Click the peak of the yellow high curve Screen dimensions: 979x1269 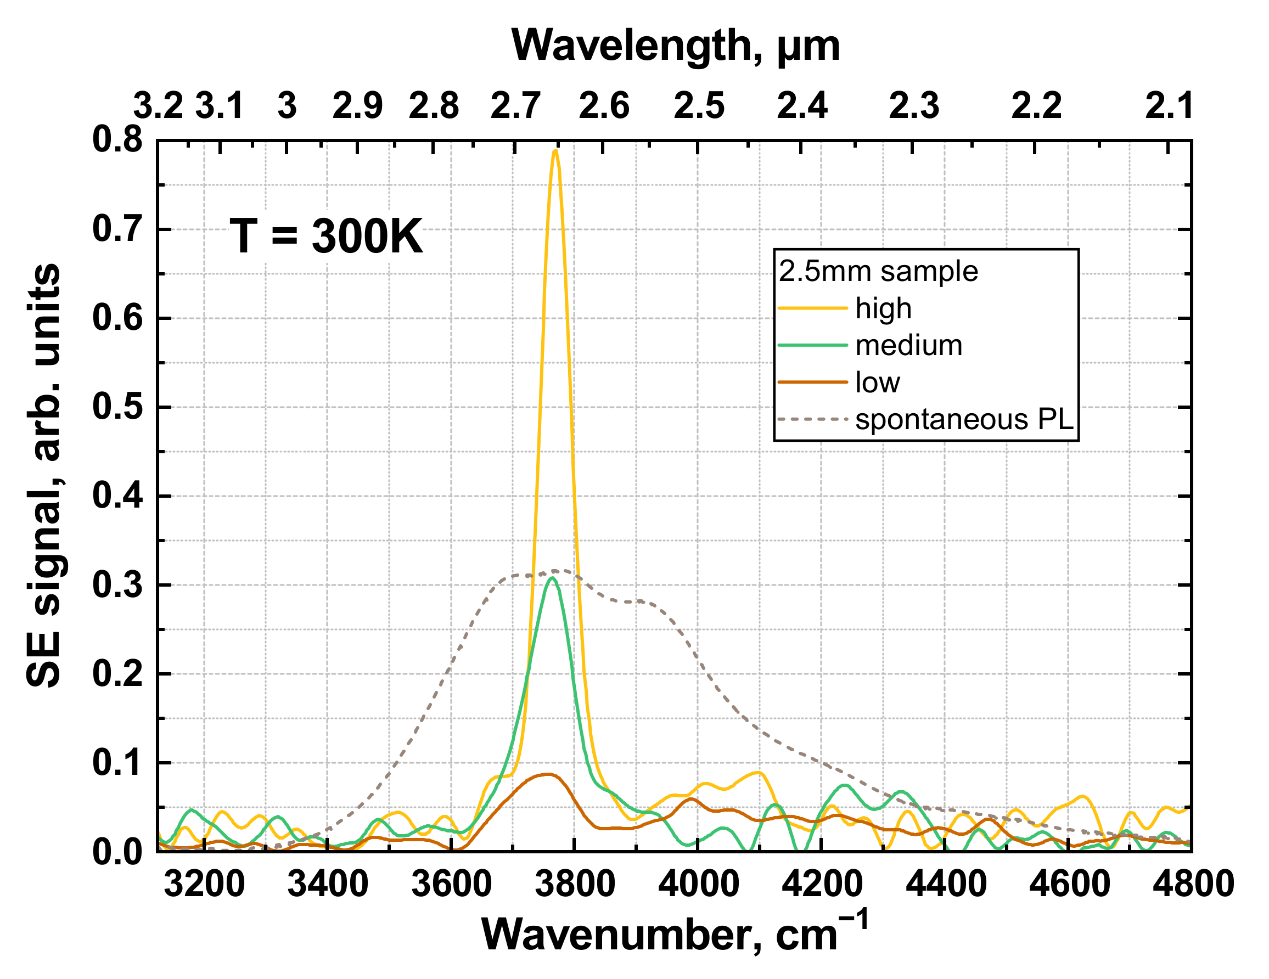click(555, 150)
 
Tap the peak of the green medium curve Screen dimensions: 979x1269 click(552, 577)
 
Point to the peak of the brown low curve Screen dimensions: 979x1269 click(546, 774)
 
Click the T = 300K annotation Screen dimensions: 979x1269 click(326, 236)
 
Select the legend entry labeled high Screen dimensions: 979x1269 click(883, 308)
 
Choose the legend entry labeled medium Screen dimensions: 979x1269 click(908, 346)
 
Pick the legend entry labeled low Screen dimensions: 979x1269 click(877, 383)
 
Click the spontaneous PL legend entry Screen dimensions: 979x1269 click(964, 419)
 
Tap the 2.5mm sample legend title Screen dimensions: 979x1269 click(878, 271)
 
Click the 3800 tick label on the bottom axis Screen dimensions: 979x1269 click(574, 884)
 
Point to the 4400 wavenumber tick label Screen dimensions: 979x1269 click(945, 884)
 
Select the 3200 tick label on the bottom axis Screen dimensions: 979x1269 click(204, 884)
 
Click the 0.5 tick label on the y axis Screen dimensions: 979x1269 click(117, 407)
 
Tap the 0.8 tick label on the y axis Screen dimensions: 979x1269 click(117, 140)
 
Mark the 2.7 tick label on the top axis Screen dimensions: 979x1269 click(515, 106)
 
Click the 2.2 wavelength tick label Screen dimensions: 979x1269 click(1036, 106)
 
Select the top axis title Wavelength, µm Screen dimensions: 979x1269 click(675, 46)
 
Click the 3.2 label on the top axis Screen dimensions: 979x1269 click(158, 106)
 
